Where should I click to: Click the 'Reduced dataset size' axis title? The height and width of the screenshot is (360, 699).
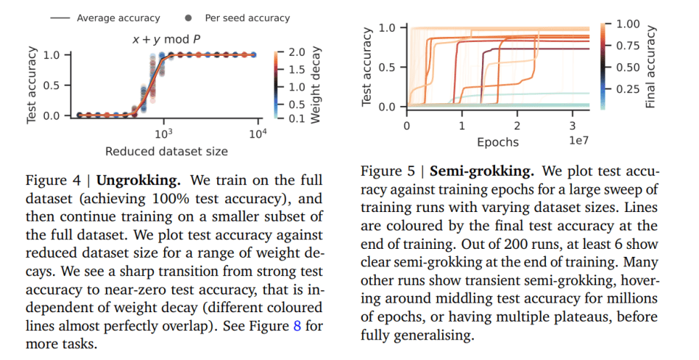[166, 152]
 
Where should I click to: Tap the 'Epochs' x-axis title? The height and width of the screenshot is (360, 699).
[497, 142]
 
